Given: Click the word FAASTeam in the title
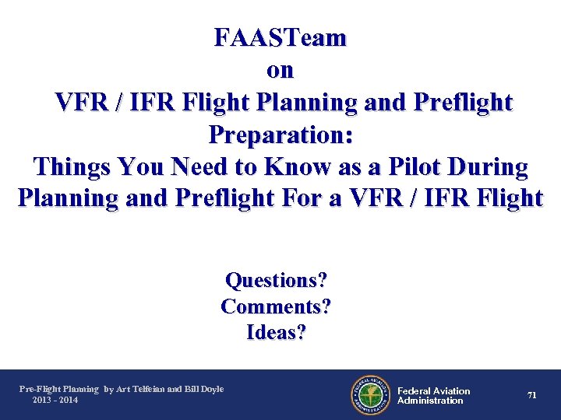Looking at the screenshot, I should click(x=280, y=37).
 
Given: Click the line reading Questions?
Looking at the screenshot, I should click(x=276, y=280).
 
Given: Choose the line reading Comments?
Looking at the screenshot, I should click(x=276, y=306).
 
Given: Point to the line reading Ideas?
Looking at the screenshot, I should click(x=276, y=333).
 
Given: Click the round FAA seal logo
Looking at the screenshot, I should click(x=370, y=395).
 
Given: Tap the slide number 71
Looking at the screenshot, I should click(x=531, y=395).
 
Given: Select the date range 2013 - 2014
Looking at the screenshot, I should click(x=55, y=400).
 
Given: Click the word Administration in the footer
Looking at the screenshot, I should click(x=430, y=401).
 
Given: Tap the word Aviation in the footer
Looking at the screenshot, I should click(x=452, y=390).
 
